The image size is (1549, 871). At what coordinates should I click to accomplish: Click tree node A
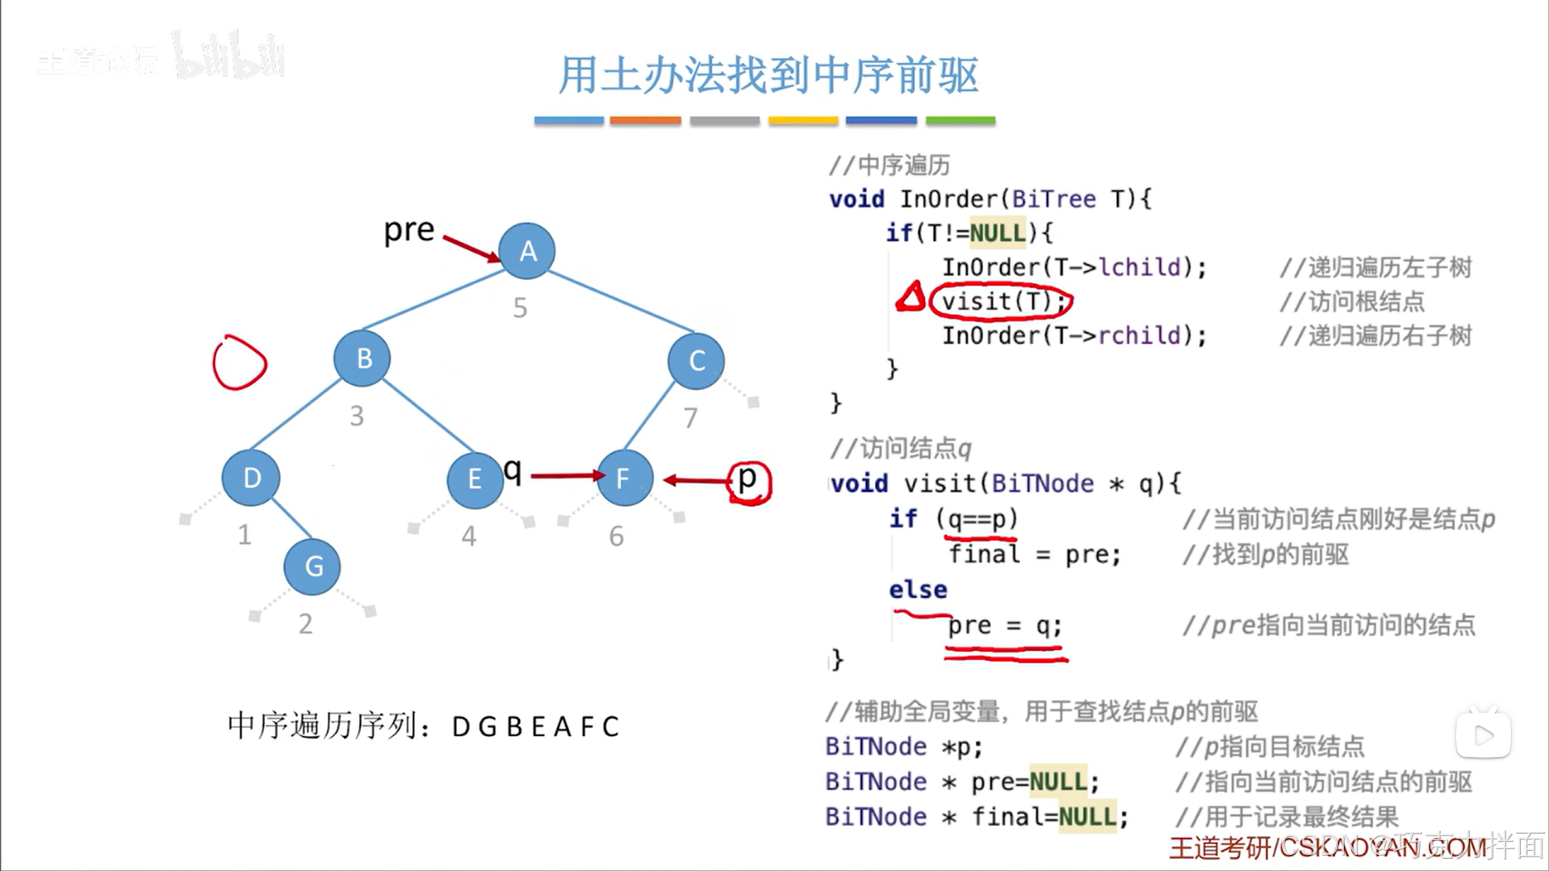526,251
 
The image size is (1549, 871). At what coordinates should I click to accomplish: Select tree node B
362,358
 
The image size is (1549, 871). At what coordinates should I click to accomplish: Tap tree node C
696,361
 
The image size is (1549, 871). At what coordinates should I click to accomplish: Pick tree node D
251,478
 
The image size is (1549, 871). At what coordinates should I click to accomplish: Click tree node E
475,479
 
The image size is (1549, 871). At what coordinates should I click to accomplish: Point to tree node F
623,479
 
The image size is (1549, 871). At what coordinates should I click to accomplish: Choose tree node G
312,567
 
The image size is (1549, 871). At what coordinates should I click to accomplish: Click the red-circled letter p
748,481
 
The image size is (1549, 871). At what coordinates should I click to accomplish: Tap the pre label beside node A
408,231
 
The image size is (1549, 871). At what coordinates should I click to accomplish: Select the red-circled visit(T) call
1000,302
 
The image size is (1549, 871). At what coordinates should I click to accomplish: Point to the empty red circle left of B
240,363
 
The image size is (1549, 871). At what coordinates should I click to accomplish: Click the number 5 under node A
521,308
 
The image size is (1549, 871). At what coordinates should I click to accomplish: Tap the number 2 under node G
305,624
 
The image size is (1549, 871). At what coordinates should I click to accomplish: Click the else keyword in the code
918,590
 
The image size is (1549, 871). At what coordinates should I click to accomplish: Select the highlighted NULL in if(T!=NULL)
997,233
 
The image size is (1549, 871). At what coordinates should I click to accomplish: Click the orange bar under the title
645,120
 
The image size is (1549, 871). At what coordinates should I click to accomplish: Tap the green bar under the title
960,120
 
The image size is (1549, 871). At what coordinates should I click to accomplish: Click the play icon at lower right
1484,735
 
